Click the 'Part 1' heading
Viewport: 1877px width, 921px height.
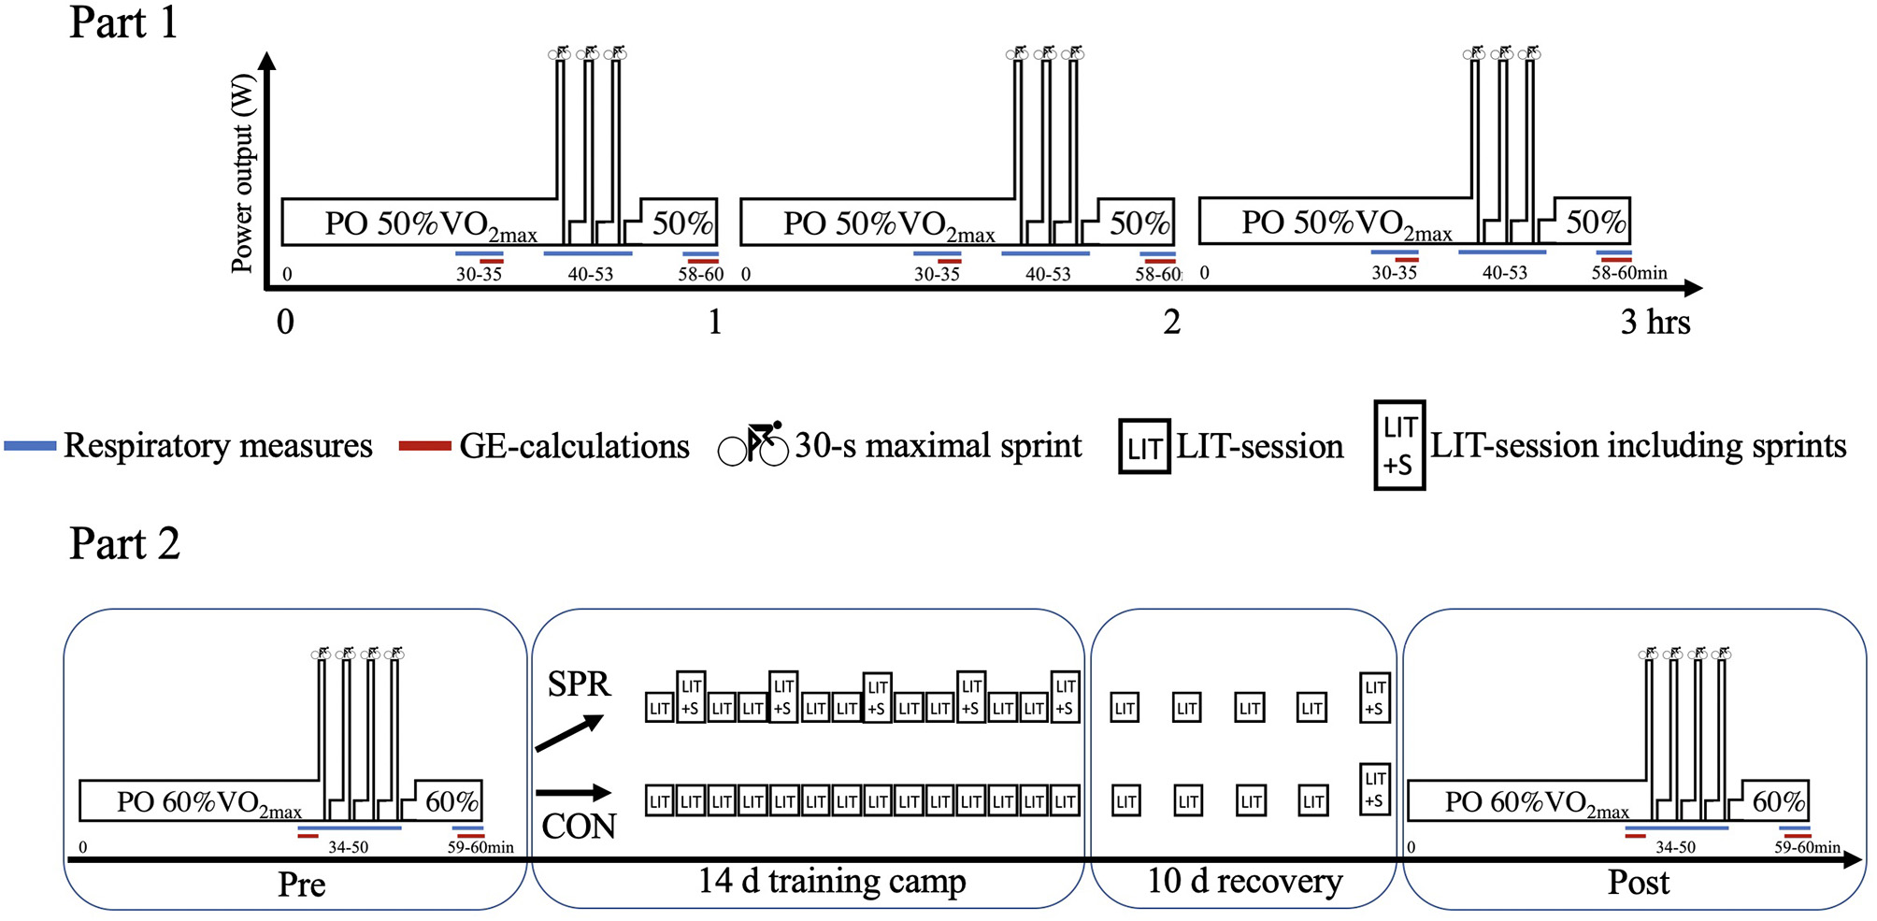123,22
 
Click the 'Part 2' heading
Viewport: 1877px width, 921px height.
124,543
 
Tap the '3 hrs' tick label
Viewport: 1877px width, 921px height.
1655,323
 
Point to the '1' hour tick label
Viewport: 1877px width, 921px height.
715,323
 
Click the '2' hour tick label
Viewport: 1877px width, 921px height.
1171,323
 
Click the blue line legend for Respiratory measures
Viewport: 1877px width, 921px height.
31,446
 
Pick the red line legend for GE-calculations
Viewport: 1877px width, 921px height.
425,446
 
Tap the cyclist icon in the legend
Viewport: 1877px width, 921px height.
753,444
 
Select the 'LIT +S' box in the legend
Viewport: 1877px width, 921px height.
1399,445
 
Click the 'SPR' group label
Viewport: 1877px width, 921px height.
579,684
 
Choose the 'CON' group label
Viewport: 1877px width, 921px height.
579,827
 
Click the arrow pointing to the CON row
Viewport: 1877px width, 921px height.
573,793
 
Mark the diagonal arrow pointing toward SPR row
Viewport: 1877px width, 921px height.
569,733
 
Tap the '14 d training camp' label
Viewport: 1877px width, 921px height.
831,881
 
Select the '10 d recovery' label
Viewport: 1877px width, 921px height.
1244,881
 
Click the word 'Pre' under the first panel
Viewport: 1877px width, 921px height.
301,885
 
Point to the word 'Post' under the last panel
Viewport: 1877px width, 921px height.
1638,883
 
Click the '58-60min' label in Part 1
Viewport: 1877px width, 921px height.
1629,273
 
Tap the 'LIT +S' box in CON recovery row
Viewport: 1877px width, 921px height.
1374,789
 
